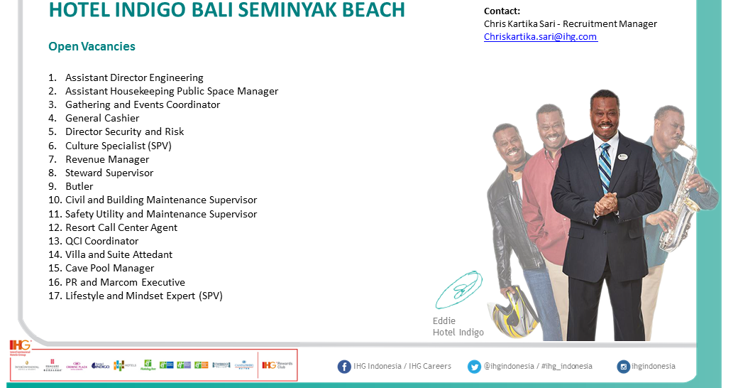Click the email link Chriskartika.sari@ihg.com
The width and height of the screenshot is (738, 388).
[540, 37]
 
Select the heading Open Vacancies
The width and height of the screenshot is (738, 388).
[92, 47]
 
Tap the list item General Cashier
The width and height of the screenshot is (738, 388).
[102, 118]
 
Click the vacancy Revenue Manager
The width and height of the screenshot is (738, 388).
[107, 159]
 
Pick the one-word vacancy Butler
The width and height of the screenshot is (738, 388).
[79, 186]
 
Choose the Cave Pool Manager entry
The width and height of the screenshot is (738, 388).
[109, 268]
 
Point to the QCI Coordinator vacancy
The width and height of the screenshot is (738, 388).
[101, 241]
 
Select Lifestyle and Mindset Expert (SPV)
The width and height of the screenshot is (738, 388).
[143, 296]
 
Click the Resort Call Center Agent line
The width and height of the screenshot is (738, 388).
[121, 227]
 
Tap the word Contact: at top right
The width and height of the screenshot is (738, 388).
[502, 11]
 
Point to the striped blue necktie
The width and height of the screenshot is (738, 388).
[605, 168]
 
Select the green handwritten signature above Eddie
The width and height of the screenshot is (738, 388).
[459, 290]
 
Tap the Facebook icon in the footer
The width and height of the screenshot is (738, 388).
[344, 367]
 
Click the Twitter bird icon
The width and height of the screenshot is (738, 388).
[474, 367]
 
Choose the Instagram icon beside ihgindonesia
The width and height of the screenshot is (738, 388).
[623, 367]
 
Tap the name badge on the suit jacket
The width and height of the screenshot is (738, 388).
[622, 156]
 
